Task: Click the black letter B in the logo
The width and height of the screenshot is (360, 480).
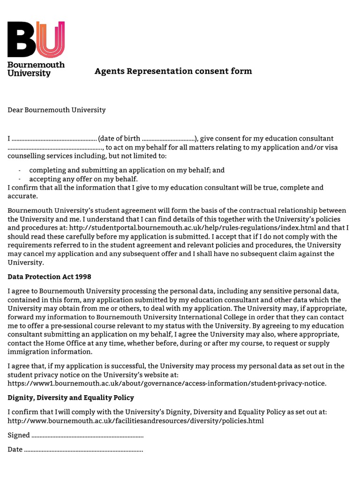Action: click(x=21, y=39)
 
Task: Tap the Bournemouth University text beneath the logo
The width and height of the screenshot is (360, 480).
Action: click(x=36, y=69)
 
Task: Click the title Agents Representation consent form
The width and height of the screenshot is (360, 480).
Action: click(x=173, y=71)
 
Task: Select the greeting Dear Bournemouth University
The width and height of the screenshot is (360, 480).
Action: click(x=57, y=110)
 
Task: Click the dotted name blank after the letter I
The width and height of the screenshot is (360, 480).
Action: click(x=54, y=139)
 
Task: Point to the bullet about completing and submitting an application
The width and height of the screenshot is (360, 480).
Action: click(x=127, y=171)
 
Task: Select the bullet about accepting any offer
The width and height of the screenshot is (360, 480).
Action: click(x=83, y=179)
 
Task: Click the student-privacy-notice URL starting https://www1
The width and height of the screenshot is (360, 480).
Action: click(x=167, y=383)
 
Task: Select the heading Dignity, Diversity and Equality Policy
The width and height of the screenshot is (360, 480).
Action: click(x=71, y=397)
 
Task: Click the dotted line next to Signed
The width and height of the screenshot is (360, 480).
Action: click(x=87, y=435)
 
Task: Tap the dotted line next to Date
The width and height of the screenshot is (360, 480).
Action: click(x=83, y=450)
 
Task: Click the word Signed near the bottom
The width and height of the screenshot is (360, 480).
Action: click(x=19, y=435)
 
